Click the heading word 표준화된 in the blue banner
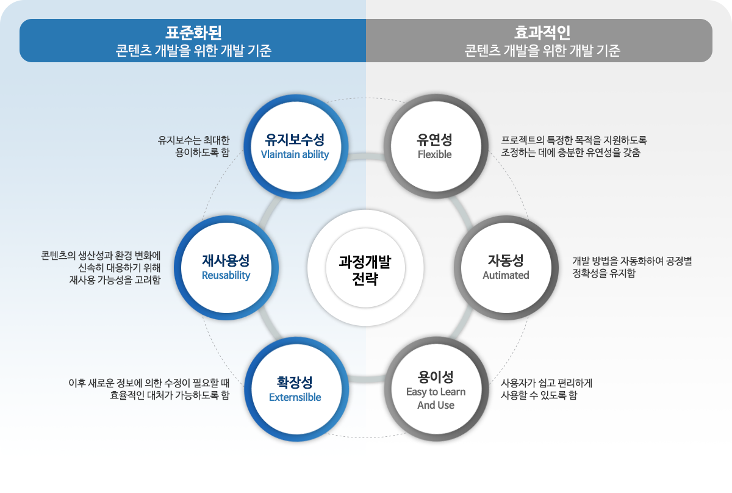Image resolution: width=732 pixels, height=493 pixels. pyautogui.click(x=193, y=32)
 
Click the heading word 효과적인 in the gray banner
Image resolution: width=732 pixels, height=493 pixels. pyautogui.click(x=542, y=32)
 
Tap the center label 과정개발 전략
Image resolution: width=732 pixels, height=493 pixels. pyautogui.click(x=365, y=270)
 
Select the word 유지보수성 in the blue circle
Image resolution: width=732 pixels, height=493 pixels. pyautogui.click(x=295, y=139)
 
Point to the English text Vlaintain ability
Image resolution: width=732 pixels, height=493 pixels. pyautogui.click(x=295, y=155)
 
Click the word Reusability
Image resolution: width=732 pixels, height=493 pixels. pyautogui.click(x=226, y=276)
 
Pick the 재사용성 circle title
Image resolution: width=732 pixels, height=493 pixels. pyautogui.click(x=226, y=261)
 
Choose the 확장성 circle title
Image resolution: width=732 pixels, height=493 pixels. pyautogui.click(x=295, y=382)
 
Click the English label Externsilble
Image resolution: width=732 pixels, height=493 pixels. pyautogui.click(x=295, y=398)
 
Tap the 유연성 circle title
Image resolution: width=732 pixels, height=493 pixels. pyautogui.click(x=435, y=139)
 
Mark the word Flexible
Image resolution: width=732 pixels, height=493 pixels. pyautogui.click(x=435, y=155)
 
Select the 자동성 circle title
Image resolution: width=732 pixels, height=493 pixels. pyautogui.click(x=506, y=261)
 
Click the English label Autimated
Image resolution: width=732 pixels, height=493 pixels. pyautogui.click(x=506, y=276)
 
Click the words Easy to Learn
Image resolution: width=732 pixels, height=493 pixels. pyautogui.click(x=436, y=392)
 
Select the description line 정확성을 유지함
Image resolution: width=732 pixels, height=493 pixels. pyautogui.click(x=603, y=274)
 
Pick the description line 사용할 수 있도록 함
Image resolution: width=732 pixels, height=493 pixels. pyautogui.click(x=539, y=395)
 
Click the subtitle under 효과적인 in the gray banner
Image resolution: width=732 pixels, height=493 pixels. pyautogui.click(x=542, y=51)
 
